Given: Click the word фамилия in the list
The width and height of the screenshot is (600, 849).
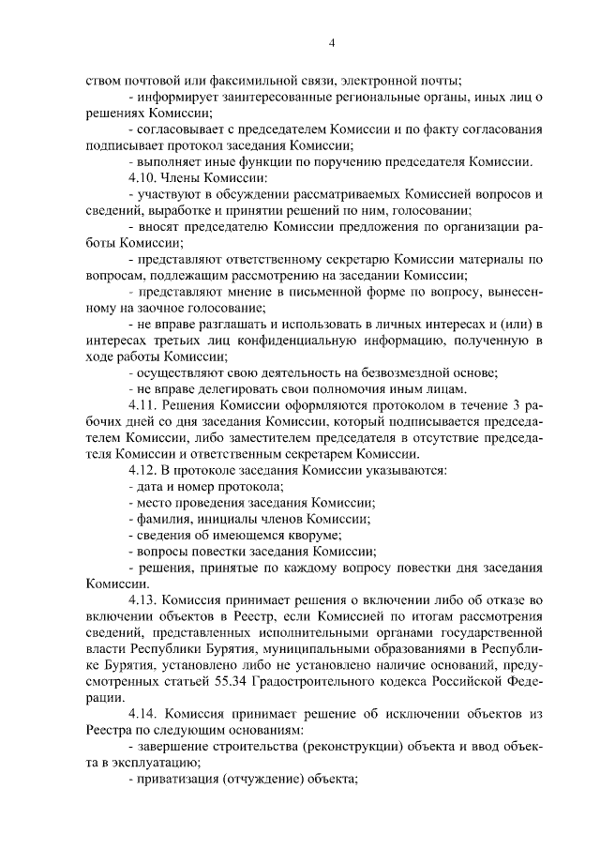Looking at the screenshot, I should pyautogui.click(x=164, y=519).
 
